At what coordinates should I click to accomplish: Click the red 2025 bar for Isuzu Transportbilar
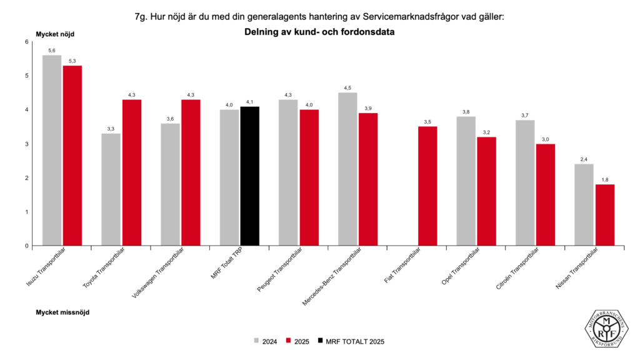pyautogui.click(x=72, y=156)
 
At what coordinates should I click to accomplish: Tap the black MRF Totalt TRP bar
pyautogui.click(x=249, y=176)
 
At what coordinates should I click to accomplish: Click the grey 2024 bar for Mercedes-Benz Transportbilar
pyautogui.click(x=347, y=169)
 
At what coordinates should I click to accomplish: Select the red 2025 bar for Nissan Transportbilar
pyautogui.click(x=604, y=215)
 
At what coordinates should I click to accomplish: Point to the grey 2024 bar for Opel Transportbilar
pyautogui.click(x=466, y=181)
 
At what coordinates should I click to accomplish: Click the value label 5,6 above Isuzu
pyautogui.click(x=52, y=50)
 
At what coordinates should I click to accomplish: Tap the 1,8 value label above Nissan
pyautogui.click(x=604, y=179)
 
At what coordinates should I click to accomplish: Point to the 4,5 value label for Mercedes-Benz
pyautogui.click(x=347, y=87)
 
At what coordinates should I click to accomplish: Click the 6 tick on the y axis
pyautogui.click(x=26, y=42)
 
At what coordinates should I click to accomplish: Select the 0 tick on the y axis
pyautogui.click(x=26, y=246)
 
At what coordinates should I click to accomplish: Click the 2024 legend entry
pyautogui.click(x=265, y=341)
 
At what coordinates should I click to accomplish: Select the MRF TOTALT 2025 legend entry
pyautogui.click(x=351, y=341)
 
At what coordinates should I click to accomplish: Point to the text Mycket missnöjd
pyautogui.click(x=62, y=311)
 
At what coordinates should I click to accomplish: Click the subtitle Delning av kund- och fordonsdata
pyautogui.click(x=320, y=31)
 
